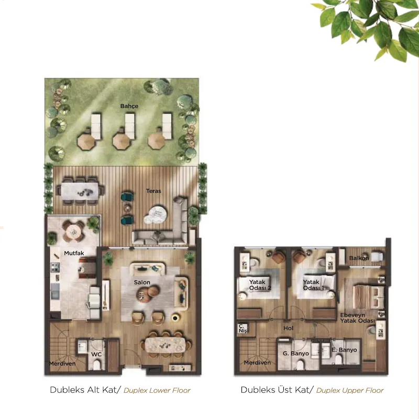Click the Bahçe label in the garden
(x=129, y=106)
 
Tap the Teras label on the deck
(x=153, y=191)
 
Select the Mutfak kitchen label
(x=74, y=253)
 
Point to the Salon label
(x=142, y=282)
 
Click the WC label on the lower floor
(x=96, y=355)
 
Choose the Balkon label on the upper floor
(x=359, y=258)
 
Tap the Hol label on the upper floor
(x=289, y=328)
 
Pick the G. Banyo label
(x=296, y=354)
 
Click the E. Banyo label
(x=344, y=350)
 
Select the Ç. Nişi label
(x=243, y=328)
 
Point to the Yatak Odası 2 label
(x=260, y=285)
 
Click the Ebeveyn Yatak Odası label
(x=358, y=318)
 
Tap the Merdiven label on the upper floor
(x=257, y=362)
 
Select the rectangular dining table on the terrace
(x=80, y=191)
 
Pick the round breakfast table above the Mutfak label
(x=73, y=231)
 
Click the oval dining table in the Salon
(x=165, y=345)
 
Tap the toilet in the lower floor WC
(x=97, y=365)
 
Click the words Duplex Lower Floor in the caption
(x=157, y=390)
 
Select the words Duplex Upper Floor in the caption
(x=350, y=390)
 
